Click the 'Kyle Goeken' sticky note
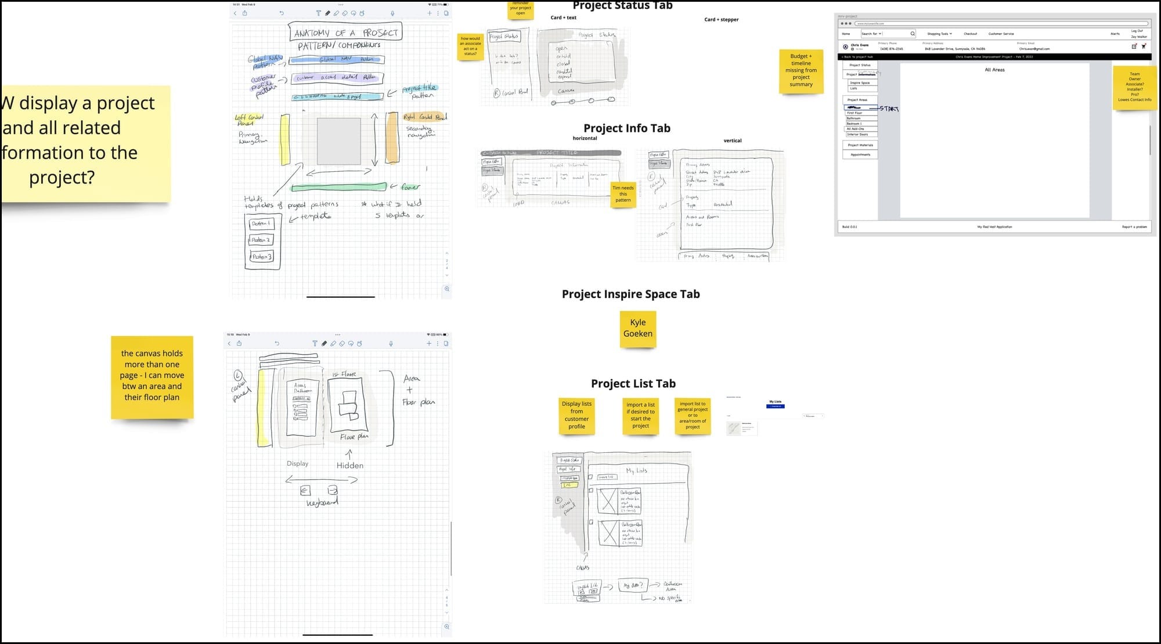[637, 329]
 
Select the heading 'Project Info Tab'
[626, 128]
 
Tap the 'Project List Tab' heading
[633, 383]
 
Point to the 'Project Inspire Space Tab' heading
[630, 294]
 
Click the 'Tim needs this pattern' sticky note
[623, 194]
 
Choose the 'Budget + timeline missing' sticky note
[801, 71]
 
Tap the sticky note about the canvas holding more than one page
[152, 376]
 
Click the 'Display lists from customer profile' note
[576, 415]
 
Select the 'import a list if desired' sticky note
[640, 415]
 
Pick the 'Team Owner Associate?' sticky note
[1134, 87]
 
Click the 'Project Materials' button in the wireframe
[860, 145]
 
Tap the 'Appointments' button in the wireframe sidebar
[860, 155]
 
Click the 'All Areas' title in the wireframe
[994, 70]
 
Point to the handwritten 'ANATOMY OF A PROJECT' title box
[345, 33]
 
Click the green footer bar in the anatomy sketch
[338, 187]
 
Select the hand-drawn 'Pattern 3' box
[262, 257]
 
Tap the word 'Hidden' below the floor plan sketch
[350, 466]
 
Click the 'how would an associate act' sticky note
[470, 46]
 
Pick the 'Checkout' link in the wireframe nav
[970, 34]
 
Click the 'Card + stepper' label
[721, 20]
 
